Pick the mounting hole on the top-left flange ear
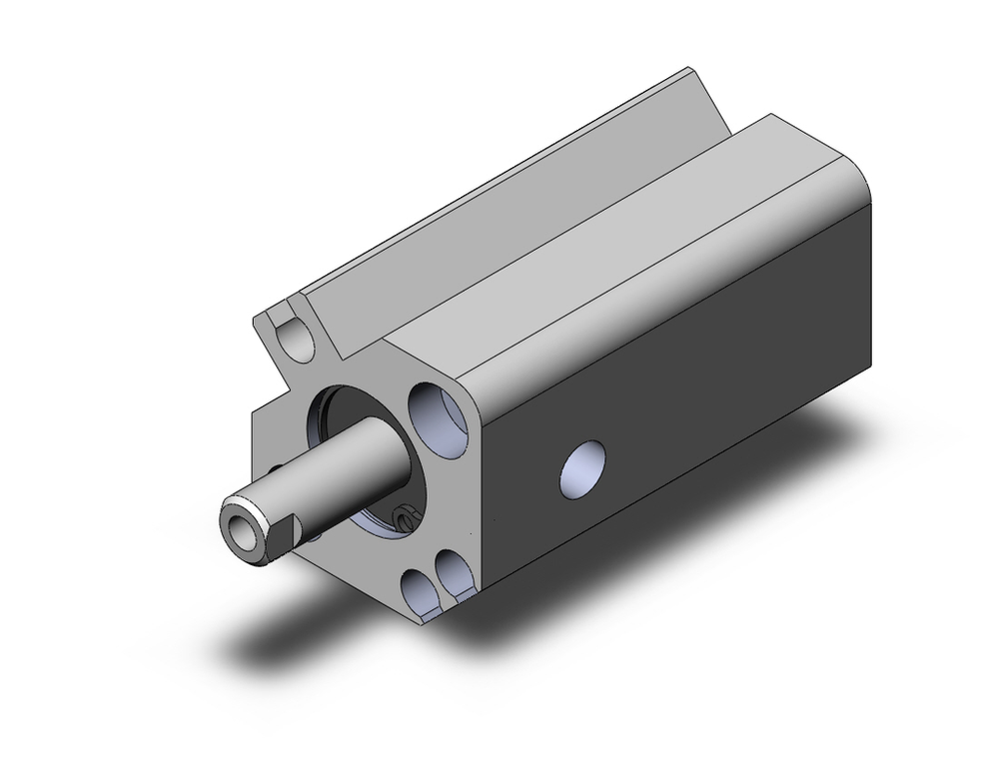(x=297, y=340)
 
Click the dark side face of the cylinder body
(x=699, y=399)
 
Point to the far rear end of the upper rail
(x=699, y=85)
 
